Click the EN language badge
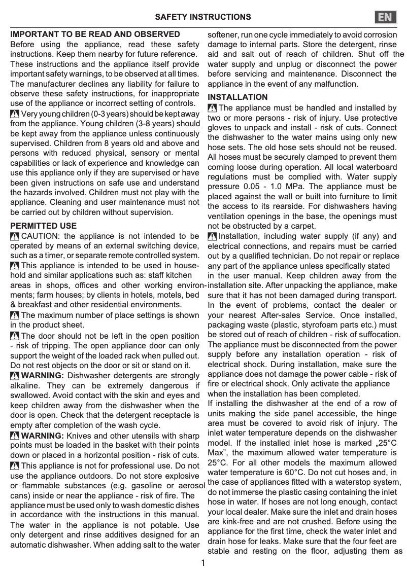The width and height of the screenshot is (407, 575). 385,17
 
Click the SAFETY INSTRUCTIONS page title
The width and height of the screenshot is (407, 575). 202,17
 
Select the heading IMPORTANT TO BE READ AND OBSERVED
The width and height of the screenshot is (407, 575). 95,34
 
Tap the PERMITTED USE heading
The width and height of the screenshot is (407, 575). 44,226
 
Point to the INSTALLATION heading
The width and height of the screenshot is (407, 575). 238,97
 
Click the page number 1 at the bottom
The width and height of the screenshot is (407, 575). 203,563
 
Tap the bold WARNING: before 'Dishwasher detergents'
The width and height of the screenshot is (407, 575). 43,375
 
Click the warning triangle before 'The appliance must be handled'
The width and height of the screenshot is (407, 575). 212,107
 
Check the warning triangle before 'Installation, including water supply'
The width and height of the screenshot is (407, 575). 212,236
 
